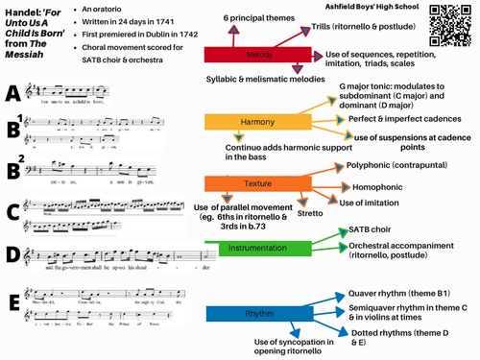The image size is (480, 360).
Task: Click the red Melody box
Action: (255, 56)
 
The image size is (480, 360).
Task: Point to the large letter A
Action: (12, 92)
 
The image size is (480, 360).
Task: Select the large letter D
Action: (12, 254)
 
